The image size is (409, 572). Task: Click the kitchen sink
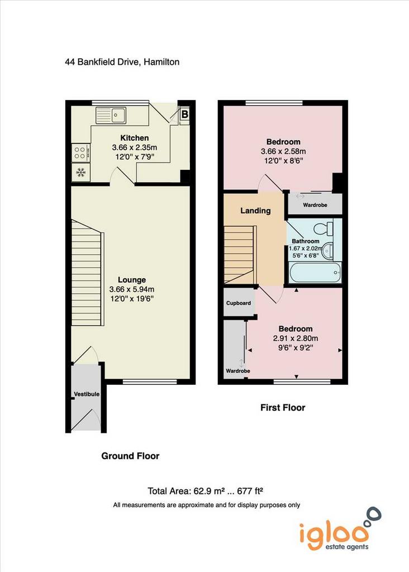pyautogui.click(x=111, y=115)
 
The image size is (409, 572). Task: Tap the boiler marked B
pyautogui.click(x=184, y=114)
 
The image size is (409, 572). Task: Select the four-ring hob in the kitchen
pyautogui.click(x=80, y=153)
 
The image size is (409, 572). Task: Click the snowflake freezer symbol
pyautogui.click(x=80, y=173)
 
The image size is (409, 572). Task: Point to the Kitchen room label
pyautogui.click(x=135, y=138)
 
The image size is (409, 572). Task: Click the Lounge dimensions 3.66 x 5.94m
pyautogui.click(x=132, y=289)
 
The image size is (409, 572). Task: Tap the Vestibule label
pyautogui.click(x=87, y=394)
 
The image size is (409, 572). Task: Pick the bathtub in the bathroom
pyautogui.click(x=316, y=273)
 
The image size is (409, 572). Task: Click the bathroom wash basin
pyautogui.click(x=327, y=251)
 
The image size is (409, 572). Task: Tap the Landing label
pyautogui.click(x=255, y=211)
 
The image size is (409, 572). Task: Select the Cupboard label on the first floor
pyautogui.click(x=239, y=303)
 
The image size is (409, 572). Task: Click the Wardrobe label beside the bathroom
pyautogui.click(x=315, y=205)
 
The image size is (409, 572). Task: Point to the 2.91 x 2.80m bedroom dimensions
pyautogui.click(x=296, y=338)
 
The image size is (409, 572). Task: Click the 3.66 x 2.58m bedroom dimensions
pyautogui.click(x=283, y=151)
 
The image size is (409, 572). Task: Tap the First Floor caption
pyautogui.click(x=283, y=407)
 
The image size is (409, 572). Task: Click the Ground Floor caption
pyautogui.click(x=130, y=456)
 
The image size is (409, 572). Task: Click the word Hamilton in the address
pyautogui.click(x=161, y=62)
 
